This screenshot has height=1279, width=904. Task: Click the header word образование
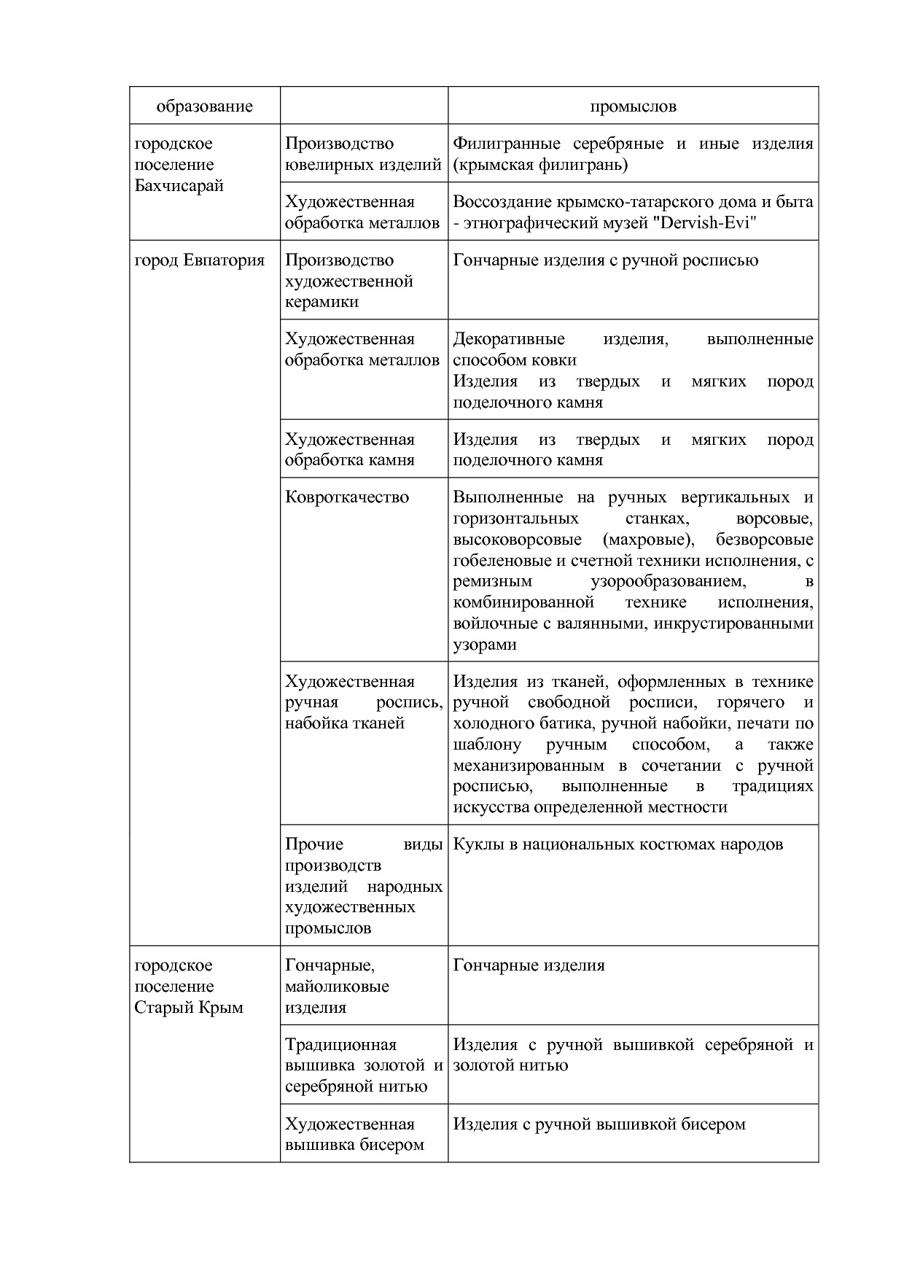(x=204, y=106)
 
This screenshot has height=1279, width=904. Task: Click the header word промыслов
(x=633, y=106)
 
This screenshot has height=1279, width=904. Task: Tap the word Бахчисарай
(x=179, y=185)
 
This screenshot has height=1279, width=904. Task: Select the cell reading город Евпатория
(x=200, y=260)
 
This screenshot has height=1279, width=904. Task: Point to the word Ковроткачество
(x=347, y=497)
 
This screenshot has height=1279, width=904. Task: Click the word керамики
(x=322, y=302)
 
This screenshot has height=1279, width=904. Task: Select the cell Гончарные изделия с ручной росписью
(x=605, y=260)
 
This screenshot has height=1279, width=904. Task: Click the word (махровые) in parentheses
(x=648, y=540)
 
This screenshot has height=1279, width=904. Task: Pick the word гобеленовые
(x=496, y=561)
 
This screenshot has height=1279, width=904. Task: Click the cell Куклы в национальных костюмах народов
(x=617, y=844)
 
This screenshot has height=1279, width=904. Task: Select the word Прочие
(x=314, y=844)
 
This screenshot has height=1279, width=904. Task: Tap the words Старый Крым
(x=189, y=1008)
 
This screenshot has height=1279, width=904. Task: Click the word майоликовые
(x=337, y=987)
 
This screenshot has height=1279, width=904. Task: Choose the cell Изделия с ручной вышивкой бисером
(x=599, y=1124)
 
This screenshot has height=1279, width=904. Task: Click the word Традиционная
(x=340, y=1044)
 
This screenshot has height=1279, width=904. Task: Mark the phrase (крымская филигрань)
(x=540, y=165)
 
